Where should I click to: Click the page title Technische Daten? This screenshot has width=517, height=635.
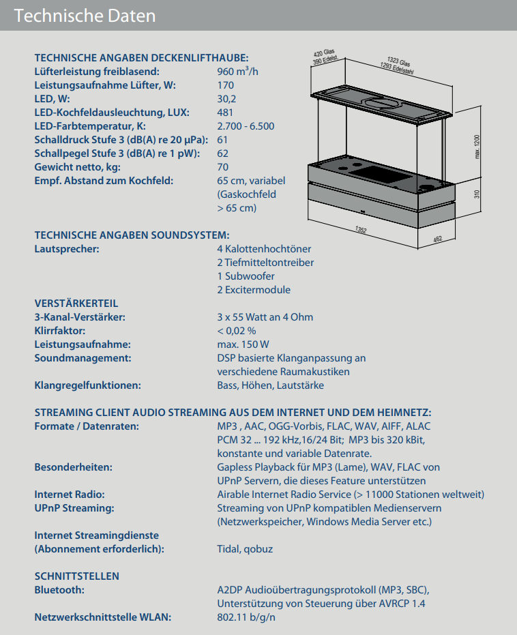[85, 15]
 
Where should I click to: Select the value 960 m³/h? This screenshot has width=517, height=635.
[237, 72]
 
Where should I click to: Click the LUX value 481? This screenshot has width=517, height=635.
[225, 113]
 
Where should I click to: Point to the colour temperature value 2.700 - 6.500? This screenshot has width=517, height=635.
[246, 126]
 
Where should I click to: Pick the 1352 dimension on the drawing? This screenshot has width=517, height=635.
[361, 231]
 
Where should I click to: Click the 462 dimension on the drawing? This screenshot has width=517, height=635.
[438, 239]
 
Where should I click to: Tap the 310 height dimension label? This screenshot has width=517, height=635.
[477, 194]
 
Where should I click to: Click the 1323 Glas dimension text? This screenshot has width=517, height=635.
[398, 62]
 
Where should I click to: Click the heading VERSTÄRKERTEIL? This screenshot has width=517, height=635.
[76, 304]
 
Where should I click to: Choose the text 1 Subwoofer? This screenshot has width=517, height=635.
[246, 276]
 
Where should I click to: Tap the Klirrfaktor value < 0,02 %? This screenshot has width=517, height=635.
[237, 331]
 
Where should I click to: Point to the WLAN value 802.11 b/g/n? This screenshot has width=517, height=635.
[246, 617]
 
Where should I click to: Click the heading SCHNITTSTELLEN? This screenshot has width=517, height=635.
[77, 576]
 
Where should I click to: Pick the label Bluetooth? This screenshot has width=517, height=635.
[59, 590]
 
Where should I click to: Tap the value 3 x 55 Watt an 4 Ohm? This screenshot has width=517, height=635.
[265, 317]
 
